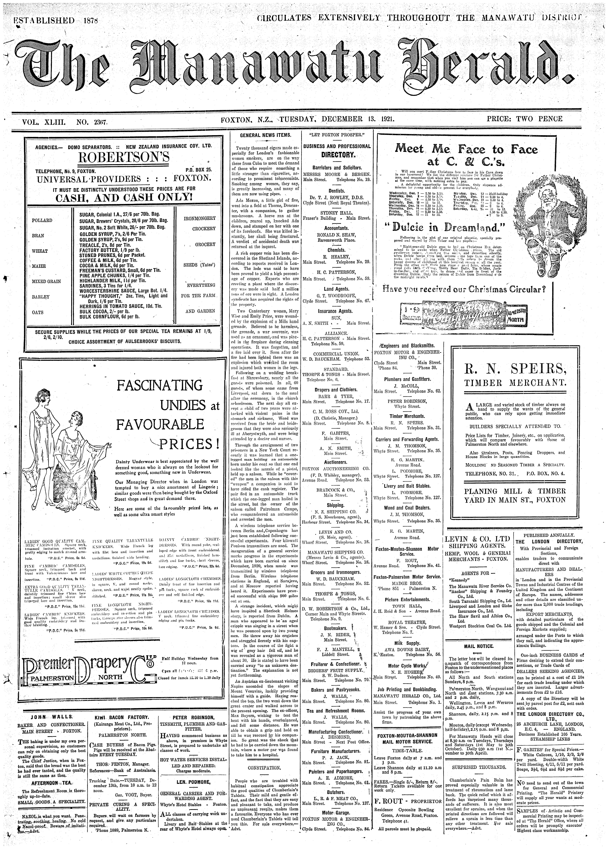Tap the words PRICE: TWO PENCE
(525, 119)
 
